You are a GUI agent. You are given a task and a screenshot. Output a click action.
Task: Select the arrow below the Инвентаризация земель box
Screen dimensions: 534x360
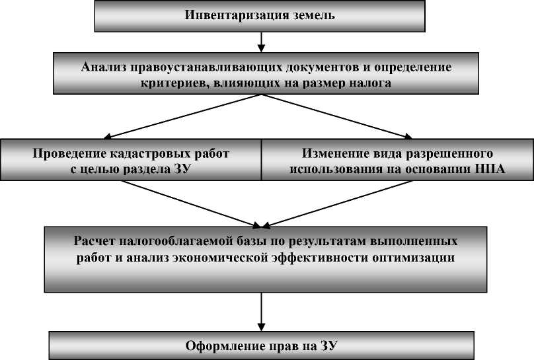coord(261,42)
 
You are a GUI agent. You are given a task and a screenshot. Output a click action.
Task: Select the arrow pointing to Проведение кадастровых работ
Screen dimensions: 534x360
coord(182,116)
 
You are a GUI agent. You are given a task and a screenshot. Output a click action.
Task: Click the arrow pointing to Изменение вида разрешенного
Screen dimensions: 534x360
coord(337,116)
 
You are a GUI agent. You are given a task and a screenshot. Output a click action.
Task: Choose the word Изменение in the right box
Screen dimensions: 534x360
coord(336,153)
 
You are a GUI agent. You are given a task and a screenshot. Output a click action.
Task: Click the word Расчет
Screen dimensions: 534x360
coord(95,241)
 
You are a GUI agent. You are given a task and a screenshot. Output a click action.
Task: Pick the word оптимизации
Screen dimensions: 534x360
coord(414,258)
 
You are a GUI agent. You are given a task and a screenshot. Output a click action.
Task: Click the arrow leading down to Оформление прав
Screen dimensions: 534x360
coord(261,312)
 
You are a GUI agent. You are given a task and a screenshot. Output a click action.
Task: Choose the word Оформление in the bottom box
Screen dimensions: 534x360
coord(225,346)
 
